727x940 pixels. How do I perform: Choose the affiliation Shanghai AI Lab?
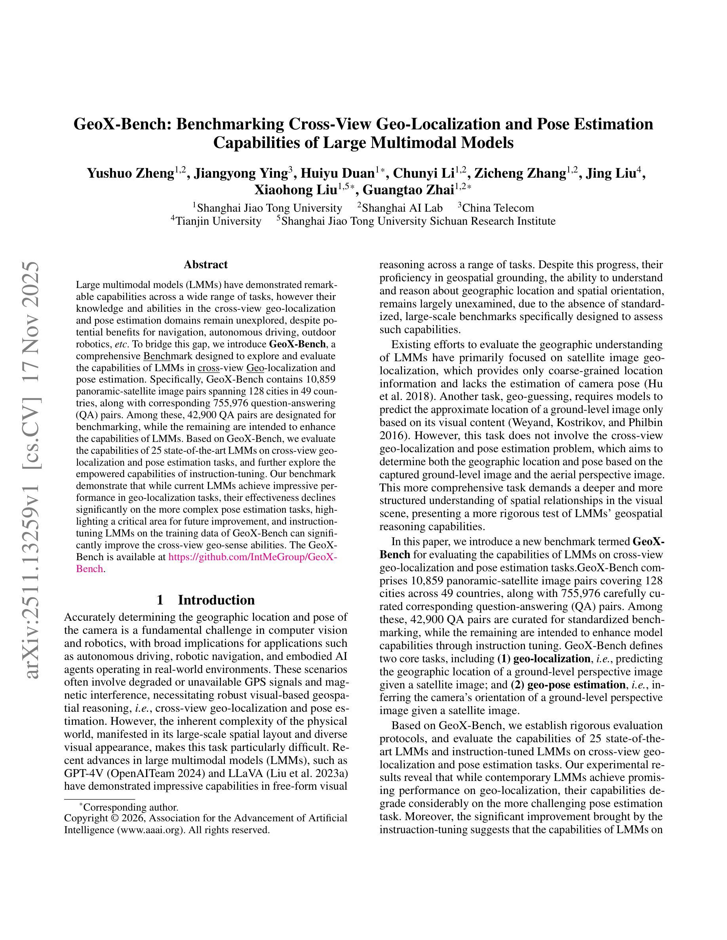click(402, 208)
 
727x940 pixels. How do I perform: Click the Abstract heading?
click(206, 264)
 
